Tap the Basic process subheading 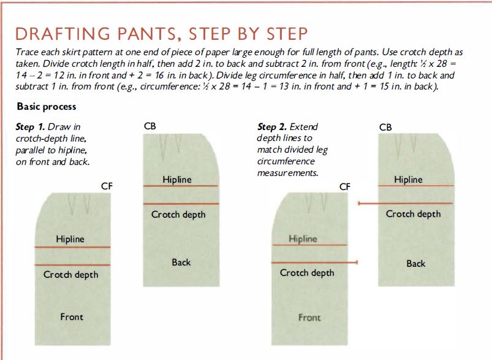click(x=47, y=107)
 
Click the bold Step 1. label click(x=30, y=127)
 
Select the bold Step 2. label click(x=271, y=127)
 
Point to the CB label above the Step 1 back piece click(x=149, y=126)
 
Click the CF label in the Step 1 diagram click(x=107, y=186)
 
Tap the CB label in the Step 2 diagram click(x=385, y=127)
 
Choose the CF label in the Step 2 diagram click(x=344, y=187)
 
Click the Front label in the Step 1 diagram click(x=72, y=316)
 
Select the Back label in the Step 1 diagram click(x=181, y=262)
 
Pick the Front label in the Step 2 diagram click(x=309, y=318)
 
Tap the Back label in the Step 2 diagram click(x=416, y=263)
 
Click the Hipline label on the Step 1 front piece click(x=70, y=239)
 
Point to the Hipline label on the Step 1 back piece click(x=177, y=180)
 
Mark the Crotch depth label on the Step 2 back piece click(x=413, y=214)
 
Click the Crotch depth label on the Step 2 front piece click(x=307, y=273)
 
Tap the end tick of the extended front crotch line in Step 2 click(x=357, y=262)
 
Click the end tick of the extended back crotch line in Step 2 click(x=359, y=204)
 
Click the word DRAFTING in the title click(x=62, y=34)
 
